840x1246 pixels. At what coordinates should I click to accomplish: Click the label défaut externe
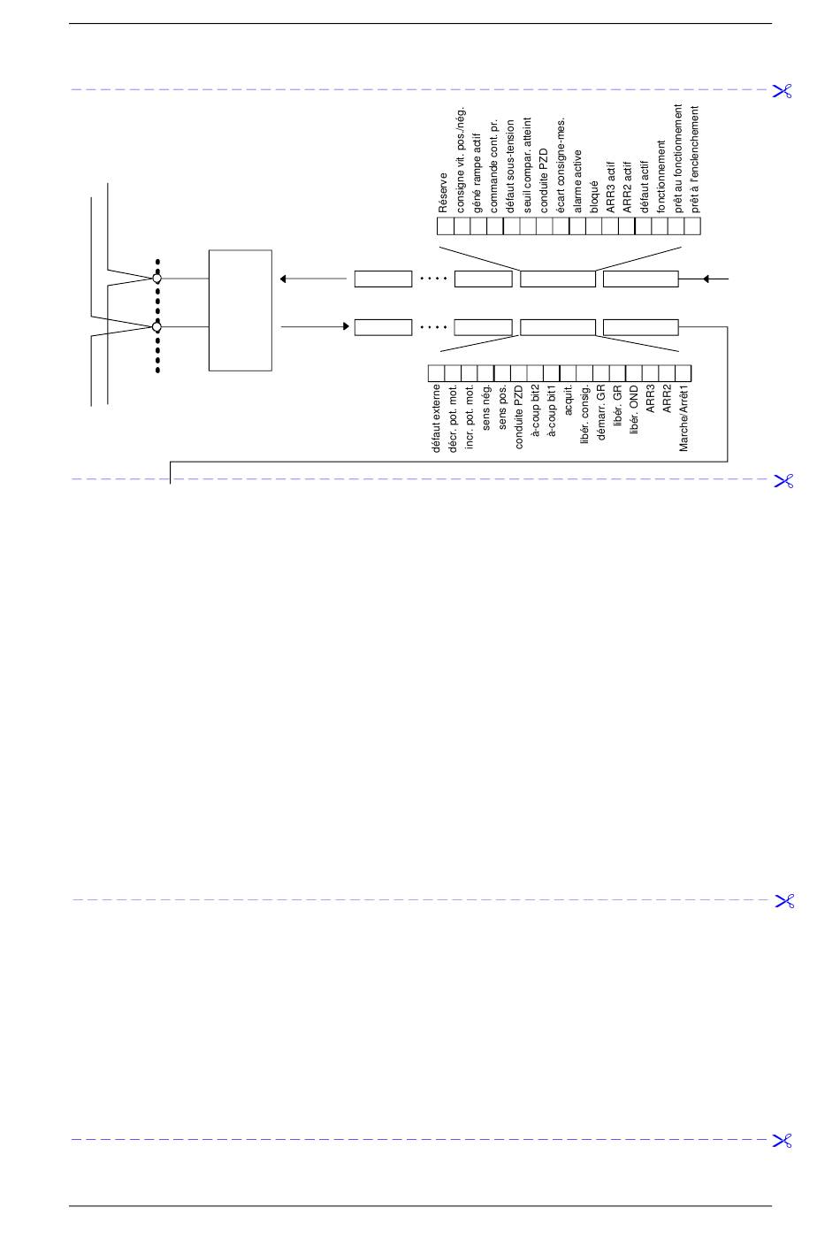pos(436,418)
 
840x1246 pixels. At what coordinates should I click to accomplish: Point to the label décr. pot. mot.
pos(453,418)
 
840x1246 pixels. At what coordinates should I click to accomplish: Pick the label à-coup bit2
pos(536,410)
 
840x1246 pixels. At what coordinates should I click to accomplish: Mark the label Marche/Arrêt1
pos(683,418)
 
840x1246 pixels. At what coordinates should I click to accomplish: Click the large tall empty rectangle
pos(241,310)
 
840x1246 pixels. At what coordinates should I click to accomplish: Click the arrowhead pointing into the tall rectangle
pos(284,279)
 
